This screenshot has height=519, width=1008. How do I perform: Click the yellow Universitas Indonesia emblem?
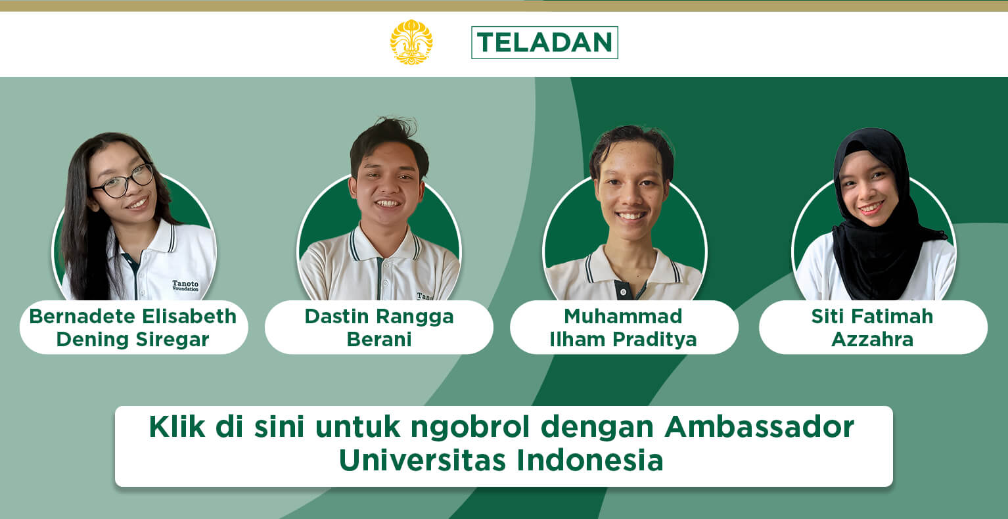(411, 42)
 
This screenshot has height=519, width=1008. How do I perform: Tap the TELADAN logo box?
(545, 43)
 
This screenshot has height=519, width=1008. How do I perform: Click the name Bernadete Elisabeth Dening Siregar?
(133, 327)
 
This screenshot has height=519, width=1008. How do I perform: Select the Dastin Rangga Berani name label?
(379, 327)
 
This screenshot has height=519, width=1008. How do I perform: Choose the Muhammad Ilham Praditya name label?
(623, 327)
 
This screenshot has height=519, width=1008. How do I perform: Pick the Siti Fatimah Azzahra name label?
(873, 327)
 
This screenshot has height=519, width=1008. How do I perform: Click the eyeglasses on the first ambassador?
(123, 181)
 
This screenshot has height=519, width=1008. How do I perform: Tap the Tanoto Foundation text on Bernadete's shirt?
(185, 286)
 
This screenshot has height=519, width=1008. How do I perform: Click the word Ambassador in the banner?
(759, 426)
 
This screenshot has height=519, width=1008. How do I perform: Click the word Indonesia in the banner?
(590, 460)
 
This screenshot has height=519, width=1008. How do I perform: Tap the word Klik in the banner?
(177, 426)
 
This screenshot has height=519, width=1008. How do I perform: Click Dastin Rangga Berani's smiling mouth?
(388, 204)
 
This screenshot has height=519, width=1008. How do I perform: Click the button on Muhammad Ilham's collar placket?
(623, 292)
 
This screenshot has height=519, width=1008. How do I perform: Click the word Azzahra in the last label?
(873, 340)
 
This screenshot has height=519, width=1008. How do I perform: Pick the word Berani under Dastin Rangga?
(379, 340)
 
